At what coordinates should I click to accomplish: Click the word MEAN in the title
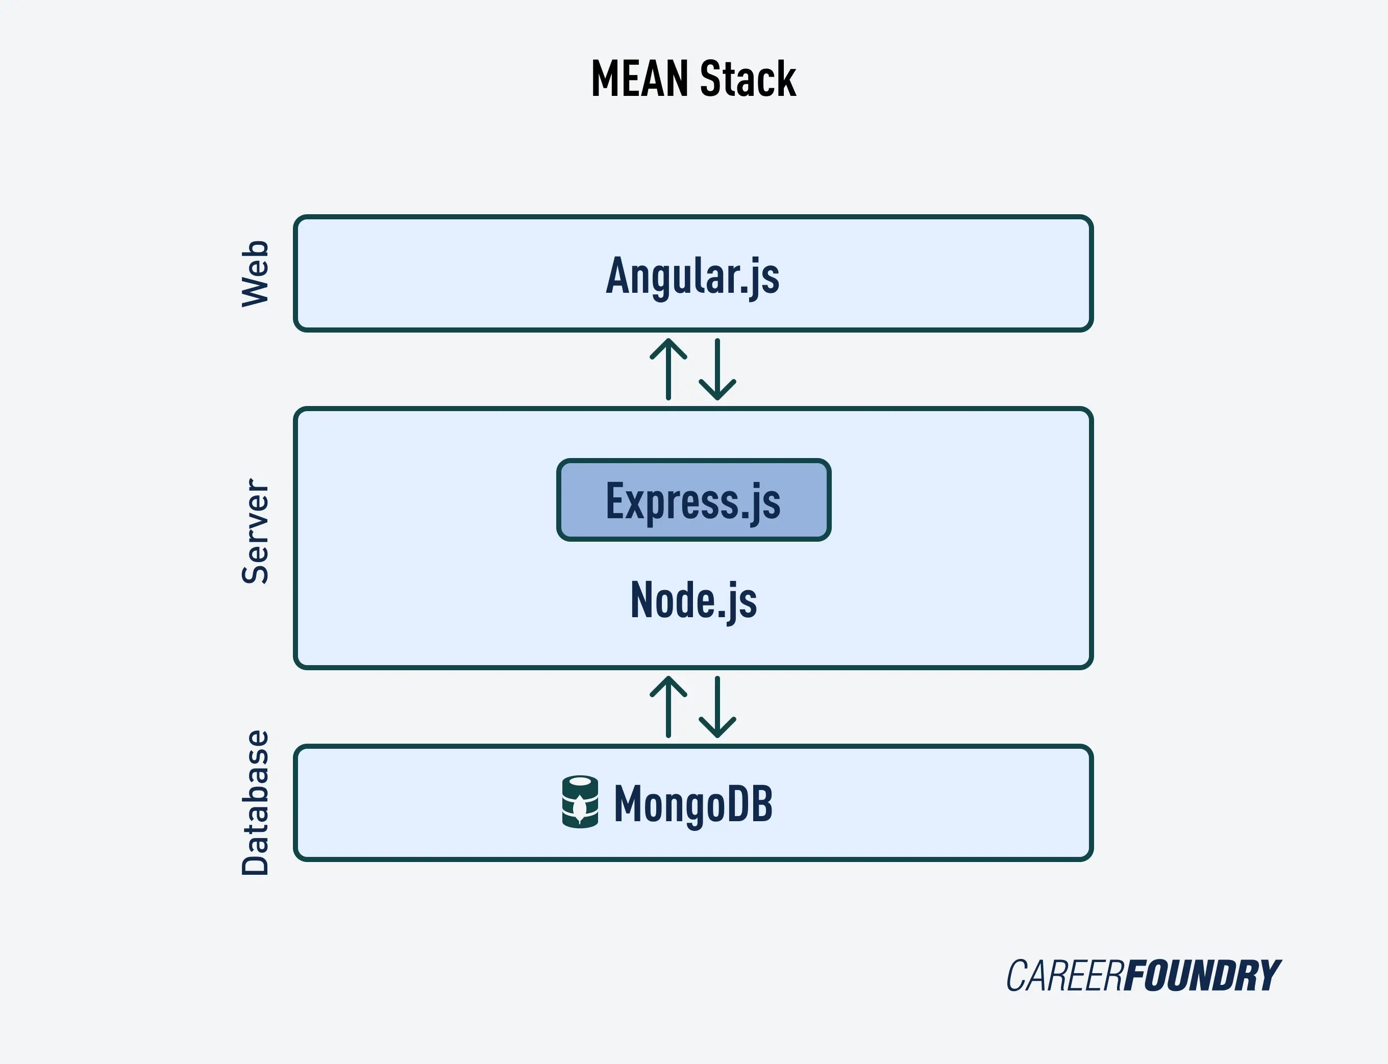point(639,79)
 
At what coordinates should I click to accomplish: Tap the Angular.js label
point(692,275)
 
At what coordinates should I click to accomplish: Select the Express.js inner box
point(693,500)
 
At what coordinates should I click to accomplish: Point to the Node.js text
point(693,600)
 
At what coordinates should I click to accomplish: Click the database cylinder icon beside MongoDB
point(580,802)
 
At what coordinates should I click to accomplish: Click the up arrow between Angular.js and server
point(668,369)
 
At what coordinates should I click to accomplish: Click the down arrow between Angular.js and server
point(717,370)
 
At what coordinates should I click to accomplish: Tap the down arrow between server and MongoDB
point(717,707)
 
